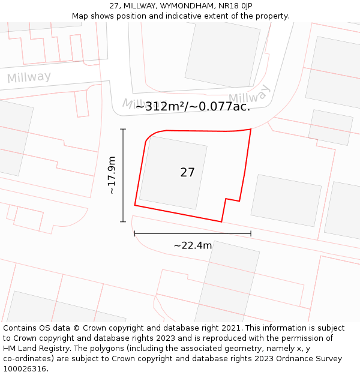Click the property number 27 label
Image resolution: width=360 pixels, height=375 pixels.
tap(187, 173)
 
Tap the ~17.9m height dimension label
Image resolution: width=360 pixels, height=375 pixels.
tap(112, 175)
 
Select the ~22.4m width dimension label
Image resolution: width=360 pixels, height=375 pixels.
tap(193, 245)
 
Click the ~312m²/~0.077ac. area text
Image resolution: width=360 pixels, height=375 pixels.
tap(193, 107)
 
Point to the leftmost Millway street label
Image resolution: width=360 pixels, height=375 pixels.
tap(29, 77)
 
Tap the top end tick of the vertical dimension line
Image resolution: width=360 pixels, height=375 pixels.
tap(123, 129)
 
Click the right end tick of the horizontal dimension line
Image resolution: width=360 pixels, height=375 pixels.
tap(251, 233)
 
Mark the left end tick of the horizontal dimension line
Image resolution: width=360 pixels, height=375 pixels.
tap(134, 233)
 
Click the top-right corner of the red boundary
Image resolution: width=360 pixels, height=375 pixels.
tap(251, 129)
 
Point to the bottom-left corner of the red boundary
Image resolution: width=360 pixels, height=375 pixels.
tap(134, 206)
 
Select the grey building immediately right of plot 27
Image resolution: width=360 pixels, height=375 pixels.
tap(286, 200)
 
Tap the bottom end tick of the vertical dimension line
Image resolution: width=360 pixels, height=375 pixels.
tap(123, 222)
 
